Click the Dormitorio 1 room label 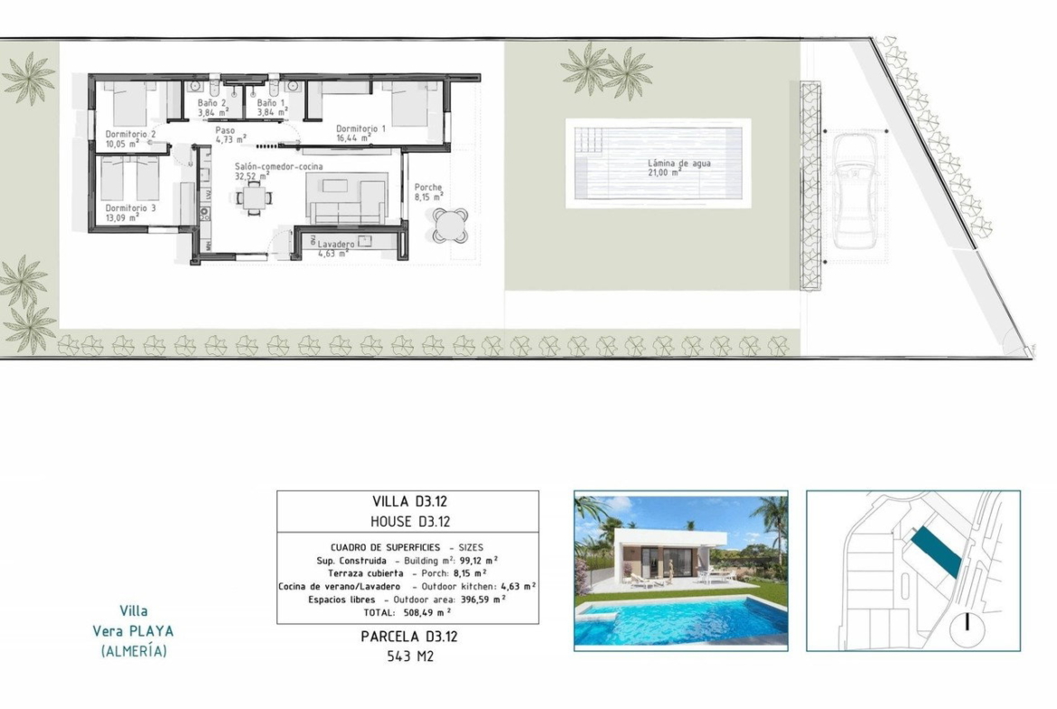360,129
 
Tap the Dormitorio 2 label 130,134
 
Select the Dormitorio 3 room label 130,209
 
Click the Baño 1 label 271,103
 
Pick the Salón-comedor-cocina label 278,166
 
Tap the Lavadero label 336,245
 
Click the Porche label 428,187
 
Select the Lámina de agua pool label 678,163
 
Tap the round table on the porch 450,225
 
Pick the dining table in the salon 254,198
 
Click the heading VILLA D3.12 409,501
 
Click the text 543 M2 410,656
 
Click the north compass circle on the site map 967,630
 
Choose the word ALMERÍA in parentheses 134,651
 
